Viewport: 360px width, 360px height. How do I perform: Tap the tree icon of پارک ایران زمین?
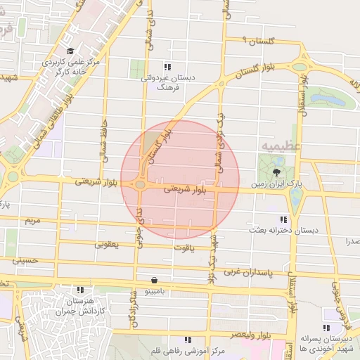tap(274, 169)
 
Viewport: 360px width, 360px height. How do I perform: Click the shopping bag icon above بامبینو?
tap(153, 280)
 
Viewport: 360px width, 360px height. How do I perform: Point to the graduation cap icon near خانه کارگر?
tap(70, 51)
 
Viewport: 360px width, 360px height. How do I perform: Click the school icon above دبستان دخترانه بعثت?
tap(283, 219)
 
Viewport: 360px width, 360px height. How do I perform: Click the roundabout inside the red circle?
tap(141, 185)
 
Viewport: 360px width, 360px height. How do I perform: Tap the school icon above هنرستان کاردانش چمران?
tap(81, 289)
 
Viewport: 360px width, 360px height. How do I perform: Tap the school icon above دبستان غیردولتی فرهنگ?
tap(166, 68)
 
